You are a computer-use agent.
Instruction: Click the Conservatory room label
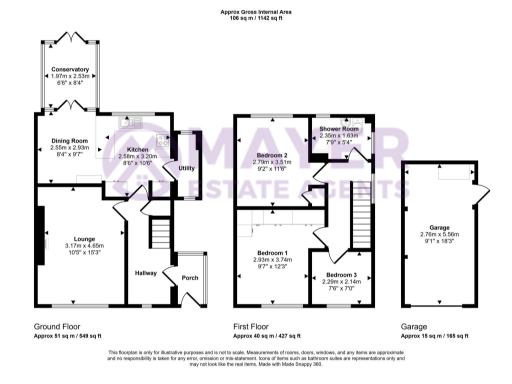coord(70,69)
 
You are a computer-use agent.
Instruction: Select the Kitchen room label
coord(137,150)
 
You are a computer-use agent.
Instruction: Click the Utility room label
coord(186,168)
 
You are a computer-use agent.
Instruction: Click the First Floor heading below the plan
coord(254,326)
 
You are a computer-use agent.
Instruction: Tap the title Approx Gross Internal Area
coord(256,11)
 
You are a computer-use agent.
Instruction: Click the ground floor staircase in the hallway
coord(158,238)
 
